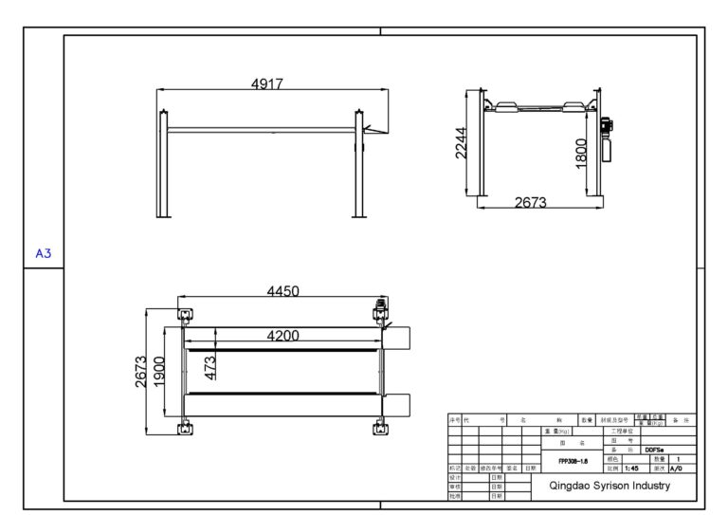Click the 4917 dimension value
[x=266, y=84]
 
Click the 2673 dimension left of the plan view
[x=139, y=373]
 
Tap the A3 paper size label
[x=43, y=253]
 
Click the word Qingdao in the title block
[x=572, y=486]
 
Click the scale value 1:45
[x=630, y=468]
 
